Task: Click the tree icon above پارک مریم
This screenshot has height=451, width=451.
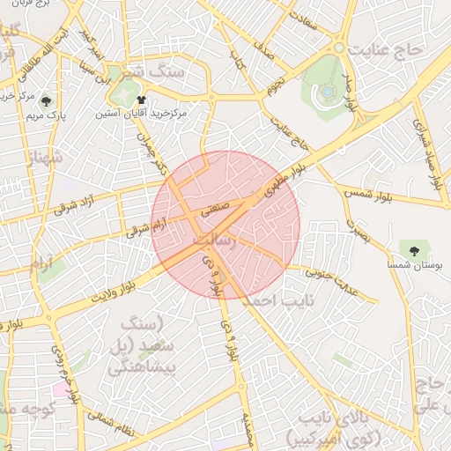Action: (x=46, y=101)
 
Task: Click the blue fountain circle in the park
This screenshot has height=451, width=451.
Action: (x=328, y=90)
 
